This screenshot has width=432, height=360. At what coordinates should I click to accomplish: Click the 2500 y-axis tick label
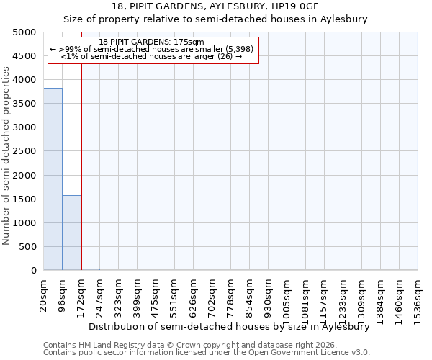tap(24, 151)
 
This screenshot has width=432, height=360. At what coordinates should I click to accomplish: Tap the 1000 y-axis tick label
tap(24, 223)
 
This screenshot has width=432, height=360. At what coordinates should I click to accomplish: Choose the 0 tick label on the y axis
tap(33, 271)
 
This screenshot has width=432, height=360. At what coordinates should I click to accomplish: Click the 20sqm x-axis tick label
tap(44, 294)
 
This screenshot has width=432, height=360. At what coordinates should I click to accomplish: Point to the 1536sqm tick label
tap(418, 299)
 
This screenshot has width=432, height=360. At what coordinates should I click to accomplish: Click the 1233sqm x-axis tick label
tap(343, 299)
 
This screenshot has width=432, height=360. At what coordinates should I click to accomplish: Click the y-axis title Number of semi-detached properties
tap(7, 156)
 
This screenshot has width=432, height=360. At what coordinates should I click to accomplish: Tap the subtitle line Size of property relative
tap(216, 19)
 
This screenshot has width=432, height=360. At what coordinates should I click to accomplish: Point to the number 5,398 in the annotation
tap(240, 49)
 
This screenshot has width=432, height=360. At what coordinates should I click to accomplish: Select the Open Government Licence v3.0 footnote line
tap(207, 353)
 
